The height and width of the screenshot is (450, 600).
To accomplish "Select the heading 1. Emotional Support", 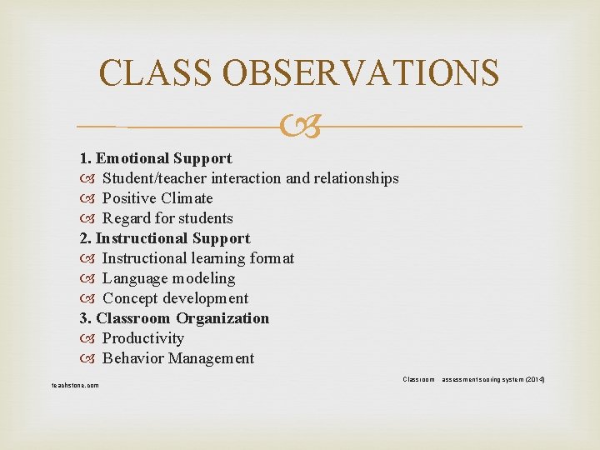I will [155, 158].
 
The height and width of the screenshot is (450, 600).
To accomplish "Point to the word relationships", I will [356, 178].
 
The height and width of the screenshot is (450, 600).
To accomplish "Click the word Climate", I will [188, 198].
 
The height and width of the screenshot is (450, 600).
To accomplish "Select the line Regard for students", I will [167, 218].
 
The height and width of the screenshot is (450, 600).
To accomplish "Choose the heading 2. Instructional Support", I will [164, 238].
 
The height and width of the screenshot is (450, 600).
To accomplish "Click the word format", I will [271, 258].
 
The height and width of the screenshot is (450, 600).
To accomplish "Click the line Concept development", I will [175, 298].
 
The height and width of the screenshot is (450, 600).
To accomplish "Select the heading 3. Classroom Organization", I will [174, 318].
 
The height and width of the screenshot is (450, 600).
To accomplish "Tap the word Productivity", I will [142, 338].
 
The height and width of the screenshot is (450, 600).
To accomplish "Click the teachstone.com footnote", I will [75, 385].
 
